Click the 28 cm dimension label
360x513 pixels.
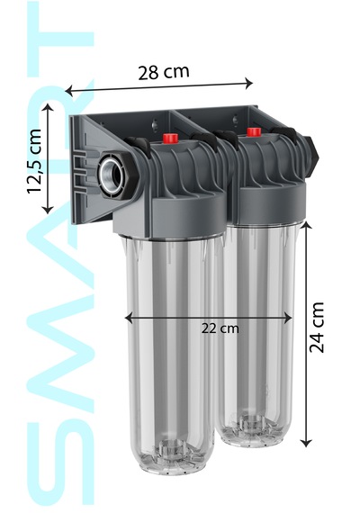164,72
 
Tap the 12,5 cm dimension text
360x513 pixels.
35,161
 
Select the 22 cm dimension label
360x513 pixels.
220,328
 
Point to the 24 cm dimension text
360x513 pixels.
316,328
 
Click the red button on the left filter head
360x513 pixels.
170,138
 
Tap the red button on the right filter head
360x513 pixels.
254,131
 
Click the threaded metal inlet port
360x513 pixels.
112,174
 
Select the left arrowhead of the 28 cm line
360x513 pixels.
68,91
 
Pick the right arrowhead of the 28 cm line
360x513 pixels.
249,83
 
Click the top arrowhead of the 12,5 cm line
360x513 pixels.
48,108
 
